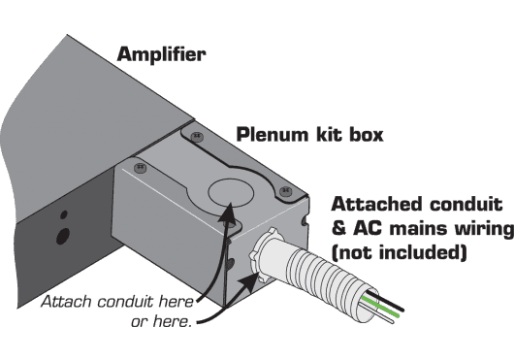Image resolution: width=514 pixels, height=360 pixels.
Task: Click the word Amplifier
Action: pos(161,55)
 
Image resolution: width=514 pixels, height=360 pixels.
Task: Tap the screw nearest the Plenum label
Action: pos(198,136)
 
